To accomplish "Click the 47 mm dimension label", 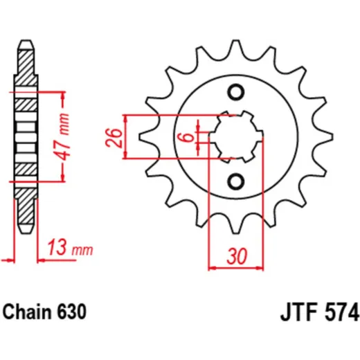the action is coord(63,136).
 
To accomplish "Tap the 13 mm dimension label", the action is coord(70,248).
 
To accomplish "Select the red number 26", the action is coord(114,138).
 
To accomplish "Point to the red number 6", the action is coord(188,138).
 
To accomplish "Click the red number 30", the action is coord(237,256).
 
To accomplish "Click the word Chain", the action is coord(26,312).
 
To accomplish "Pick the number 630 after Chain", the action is coord(71,312).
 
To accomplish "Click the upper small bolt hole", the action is coord(236,92).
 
